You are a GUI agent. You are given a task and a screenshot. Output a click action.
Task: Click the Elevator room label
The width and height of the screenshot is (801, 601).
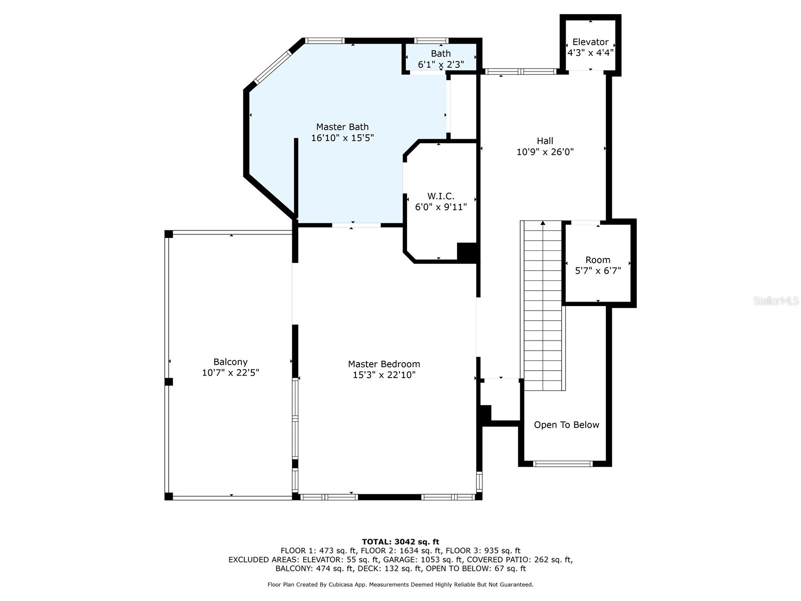(590, 42)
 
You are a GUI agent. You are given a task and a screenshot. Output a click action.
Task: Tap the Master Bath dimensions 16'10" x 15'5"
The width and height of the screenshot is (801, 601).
(342, 138)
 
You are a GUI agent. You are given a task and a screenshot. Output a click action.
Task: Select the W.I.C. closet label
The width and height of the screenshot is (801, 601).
(441, 196)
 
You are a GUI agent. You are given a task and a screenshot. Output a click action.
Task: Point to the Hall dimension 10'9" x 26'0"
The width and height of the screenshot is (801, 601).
(545, 152)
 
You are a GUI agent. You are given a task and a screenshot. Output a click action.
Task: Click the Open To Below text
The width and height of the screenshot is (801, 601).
(566, 425)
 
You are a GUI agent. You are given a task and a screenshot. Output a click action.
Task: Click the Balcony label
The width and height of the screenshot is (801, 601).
(230, 362)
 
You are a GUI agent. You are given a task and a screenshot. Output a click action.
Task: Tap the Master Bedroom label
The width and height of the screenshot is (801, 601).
(384, 364)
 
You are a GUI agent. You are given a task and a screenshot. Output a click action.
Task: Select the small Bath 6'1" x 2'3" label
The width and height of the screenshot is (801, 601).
(441, 54)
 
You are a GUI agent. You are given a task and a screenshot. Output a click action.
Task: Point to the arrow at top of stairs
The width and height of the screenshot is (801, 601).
(543, 223)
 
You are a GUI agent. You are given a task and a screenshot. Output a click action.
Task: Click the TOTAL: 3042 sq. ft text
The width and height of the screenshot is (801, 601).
(400, 541)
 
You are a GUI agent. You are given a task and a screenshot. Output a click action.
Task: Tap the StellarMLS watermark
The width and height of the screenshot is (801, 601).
(776, 300)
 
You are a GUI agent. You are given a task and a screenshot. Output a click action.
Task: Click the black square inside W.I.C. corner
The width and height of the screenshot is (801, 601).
(467, 251)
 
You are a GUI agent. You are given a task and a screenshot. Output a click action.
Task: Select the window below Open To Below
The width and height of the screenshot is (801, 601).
(563, 464)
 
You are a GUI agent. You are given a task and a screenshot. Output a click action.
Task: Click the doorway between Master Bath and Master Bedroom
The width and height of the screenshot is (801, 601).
(356, 225)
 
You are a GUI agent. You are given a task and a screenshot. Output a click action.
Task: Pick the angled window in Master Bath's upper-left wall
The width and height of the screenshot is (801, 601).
(272, 67)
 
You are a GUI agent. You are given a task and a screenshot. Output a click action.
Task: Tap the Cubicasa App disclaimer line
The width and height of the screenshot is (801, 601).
(400, 584)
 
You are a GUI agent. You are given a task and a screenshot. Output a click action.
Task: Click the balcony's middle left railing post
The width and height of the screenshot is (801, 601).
(169, 382)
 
